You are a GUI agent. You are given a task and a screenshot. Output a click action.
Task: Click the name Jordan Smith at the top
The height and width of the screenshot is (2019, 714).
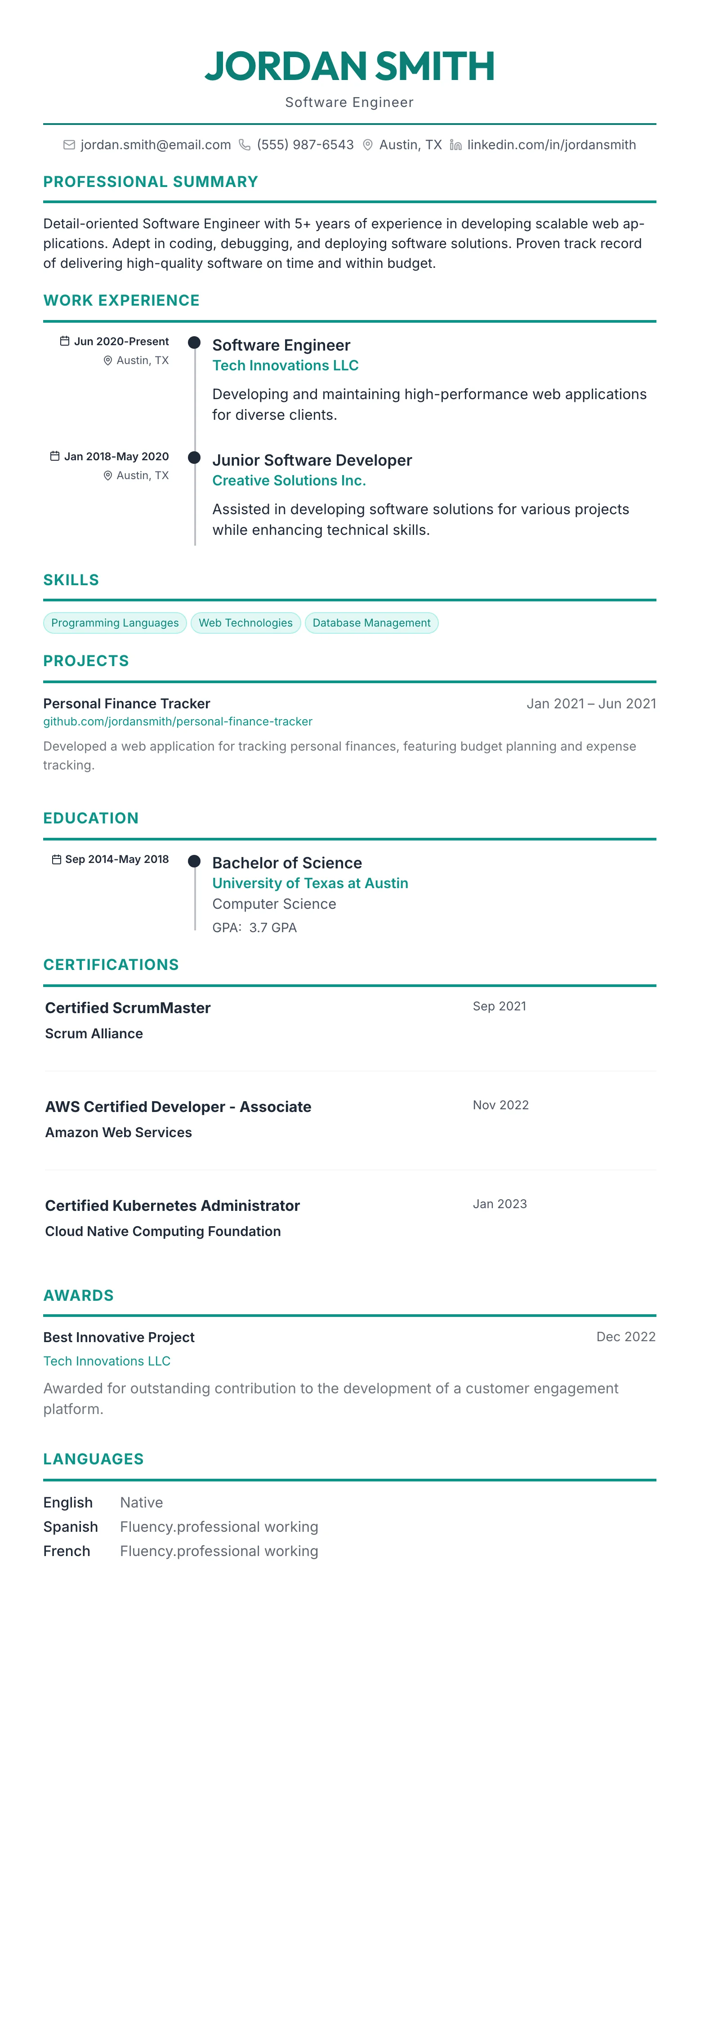tap(349, 66)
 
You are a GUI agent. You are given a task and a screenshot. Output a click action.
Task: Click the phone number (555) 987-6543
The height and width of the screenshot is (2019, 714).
tap(305, 145)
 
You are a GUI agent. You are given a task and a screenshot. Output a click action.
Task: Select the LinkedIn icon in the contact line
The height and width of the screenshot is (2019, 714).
tap(455, 145)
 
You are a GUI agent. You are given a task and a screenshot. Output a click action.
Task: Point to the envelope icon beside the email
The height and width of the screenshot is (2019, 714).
tap(69, 145)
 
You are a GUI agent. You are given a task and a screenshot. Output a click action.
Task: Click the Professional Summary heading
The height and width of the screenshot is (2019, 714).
tap(151, 182)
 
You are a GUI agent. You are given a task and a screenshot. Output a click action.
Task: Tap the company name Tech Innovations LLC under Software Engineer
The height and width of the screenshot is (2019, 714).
tap(286, 365)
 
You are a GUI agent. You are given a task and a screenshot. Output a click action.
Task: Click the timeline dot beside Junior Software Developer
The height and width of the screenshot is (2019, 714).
tap(194, 458)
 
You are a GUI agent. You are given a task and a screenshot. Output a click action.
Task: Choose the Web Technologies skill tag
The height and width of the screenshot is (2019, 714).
tap(245, 623)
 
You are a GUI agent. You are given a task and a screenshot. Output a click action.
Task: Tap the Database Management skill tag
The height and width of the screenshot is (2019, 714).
tap(371, 623)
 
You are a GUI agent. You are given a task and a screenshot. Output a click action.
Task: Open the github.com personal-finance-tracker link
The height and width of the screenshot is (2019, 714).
tap(178, 721)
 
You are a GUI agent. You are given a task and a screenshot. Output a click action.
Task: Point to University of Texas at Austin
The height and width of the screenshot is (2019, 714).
tap(310, 883)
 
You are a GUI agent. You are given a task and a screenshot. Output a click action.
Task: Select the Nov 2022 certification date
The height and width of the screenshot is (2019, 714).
tap(500, 1105)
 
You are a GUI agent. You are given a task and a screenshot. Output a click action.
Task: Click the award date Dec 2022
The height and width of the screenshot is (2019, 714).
tap(625, 1337)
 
